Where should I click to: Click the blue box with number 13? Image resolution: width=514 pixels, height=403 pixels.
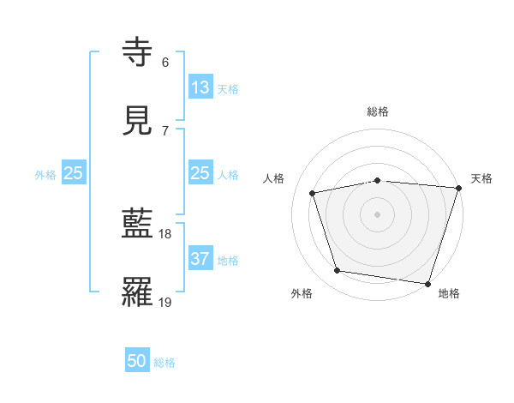200,87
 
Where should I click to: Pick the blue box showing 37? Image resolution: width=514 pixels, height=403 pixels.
200,259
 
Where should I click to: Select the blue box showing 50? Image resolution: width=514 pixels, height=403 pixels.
137,361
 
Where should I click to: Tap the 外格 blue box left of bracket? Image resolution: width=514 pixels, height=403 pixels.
74,173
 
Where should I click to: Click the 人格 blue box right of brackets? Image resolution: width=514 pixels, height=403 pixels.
200,173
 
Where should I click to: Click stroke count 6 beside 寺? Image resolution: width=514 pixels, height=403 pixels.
165,63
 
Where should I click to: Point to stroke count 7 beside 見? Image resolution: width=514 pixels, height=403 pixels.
165,130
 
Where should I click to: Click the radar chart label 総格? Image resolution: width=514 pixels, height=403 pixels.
378,111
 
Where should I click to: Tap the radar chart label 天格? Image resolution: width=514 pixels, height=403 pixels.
481,178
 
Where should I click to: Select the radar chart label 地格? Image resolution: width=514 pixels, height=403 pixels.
449,293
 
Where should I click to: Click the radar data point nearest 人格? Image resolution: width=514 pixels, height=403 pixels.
314,193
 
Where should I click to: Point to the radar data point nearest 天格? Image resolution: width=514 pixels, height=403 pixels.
459,188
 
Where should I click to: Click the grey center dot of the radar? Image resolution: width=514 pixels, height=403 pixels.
378,214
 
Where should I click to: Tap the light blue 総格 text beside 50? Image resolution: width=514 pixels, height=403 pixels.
165,362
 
